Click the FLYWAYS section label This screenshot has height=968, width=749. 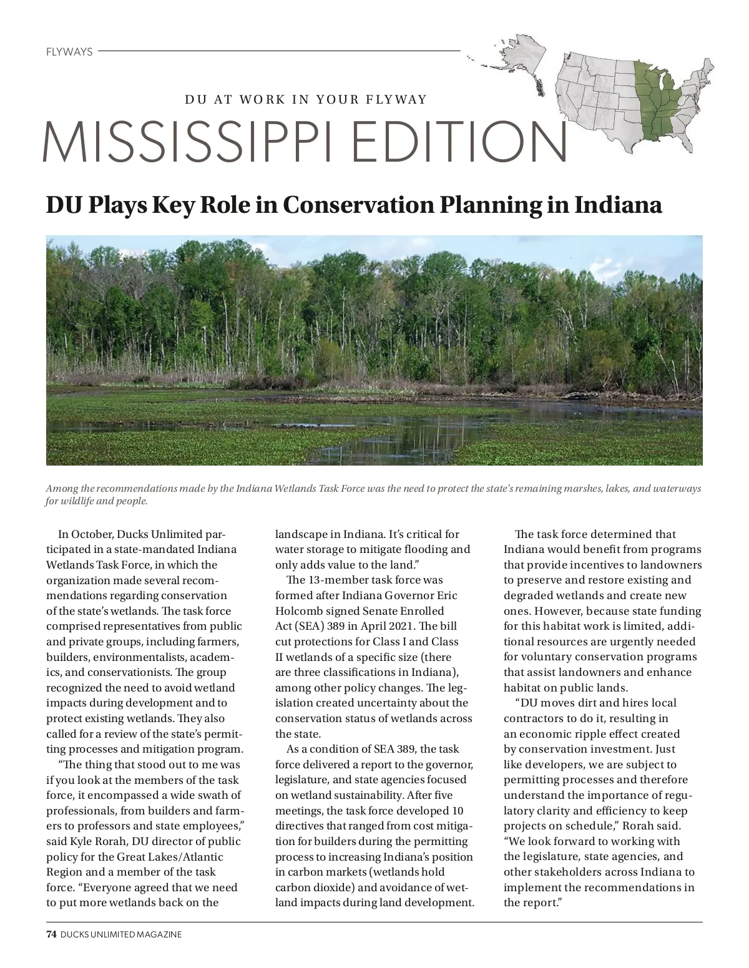69,52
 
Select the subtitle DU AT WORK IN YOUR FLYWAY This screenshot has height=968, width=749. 306,99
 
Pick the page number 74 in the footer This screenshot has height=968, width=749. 52,934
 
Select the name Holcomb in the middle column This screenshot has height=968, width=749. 298,611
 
